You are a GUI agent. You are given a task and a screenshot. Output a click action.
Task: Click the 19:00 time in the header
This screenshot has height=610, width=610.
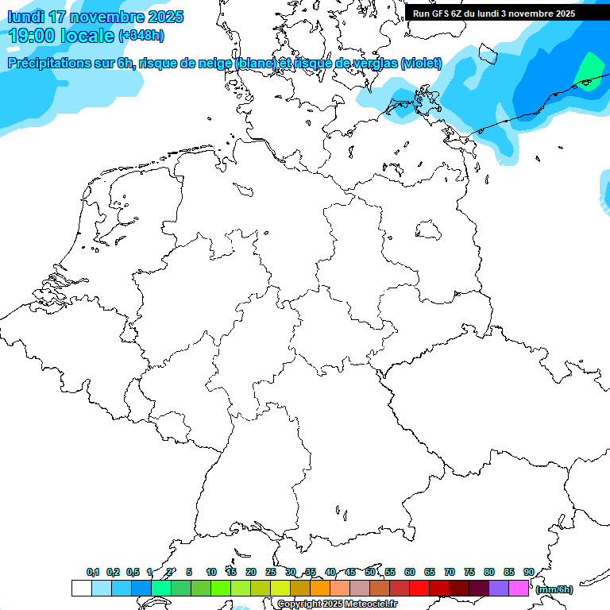[x=33, y=36]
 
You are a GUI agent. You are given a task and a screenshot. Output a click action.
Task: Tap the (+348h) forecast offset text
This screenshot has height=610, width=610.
[x=142, y=36]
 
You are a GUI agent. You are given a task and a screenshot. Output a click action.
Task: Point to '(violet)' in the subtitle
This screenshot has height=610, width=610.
[x=421, y=64]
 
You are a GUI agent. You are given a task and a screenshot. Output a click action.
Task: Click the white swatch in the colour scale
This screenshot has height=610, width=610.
[x=81, y=589]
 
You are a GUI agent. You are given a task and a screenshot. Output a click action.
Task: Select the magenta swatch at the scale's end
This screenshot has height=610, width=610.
[x=519, y=589]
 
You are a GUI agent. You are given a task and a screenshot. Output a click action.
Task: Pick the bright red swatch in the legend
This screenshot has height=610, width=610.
[x=419, y=589]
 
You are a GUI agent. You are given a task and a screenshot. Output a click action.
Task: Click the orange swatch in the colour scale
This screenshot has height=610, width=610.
[x=320, y=589]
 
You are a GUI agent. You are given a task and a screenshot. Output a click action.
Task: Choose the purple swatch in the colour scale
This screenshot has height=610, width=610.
[x=499, y=589]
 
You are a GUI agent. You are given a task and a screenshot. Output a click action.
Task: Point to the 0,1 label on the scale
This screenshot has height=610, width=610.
[x=93, y=573]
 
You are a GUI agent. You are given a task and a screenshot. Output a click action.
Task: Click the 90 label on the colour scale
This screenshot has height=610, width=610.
[x=529, y=573]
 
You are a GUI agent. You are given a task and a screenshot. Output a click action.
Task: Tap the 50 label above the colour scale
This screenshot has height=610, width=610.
[x=370, y=573]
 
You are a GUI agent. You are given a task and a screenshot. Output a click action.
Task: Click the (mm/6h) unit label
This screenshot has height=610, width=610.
[x=554, y=589]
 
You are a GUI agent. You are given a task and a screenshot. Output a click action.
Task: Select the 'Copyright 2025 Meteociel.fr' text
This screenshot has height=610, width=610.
[x=337, y=604]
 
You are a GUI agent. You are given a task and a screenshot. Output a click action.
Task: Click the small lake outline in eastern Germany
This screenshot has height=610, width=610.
[x=429, y=230]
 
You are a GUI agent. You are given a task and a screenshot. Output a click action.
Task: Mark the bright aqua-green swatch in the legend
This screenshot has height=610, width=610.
[x=160, y=589]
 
